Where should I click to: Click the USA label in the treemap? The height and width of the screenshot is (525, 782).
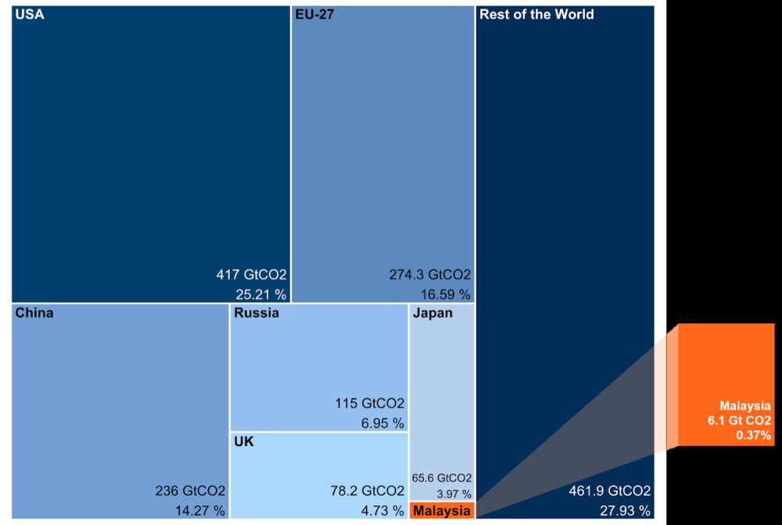tap(30, 15)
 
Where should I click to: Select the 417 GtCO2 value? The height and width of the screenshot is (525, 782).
tap(252, 275)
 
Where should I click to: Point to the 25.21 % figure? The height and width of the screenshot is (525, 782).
tap(261, 295)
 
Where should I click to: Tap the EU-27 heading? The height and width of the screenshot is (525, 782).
tap(315, 15)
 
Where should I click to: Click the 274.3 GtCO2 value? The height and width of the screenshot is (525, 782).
tap(430, 275)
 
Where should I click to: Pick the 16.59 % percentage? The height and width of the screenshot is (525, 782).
tap(445, 295)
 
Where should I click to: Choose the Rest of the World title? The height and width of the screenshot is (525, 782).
tap(536, 15)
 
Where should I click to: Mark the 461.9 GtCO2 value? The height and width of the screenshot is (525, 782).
tap(609, 491)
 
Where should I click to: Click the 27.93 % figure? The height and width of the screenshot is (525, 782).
tap(624, 511)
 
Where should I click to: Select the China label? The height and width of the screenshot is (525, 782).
tap(34, 313)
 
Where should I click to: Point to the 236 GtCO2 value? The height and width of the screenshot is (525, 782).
tap(191, 491)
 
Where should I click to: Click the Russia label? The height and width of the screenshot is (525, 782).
tap(256, 313)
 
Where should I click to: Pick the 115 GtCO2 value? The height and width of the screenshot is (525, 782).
tap(370, 404)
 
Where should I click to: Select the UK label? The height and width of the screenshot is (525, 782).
tap(244, 441)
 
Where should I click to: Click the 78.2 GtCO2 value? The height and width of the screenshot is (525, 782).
tap(368, 491)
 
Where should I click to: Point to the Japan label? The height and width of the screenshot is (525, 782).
tap(432, 313)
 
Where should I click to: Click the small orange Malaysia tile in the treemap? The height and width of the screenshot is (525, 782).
tap(442, 511)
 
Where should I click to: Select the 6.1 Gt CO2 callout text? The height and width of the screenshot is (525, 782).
tap(736, 421)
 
